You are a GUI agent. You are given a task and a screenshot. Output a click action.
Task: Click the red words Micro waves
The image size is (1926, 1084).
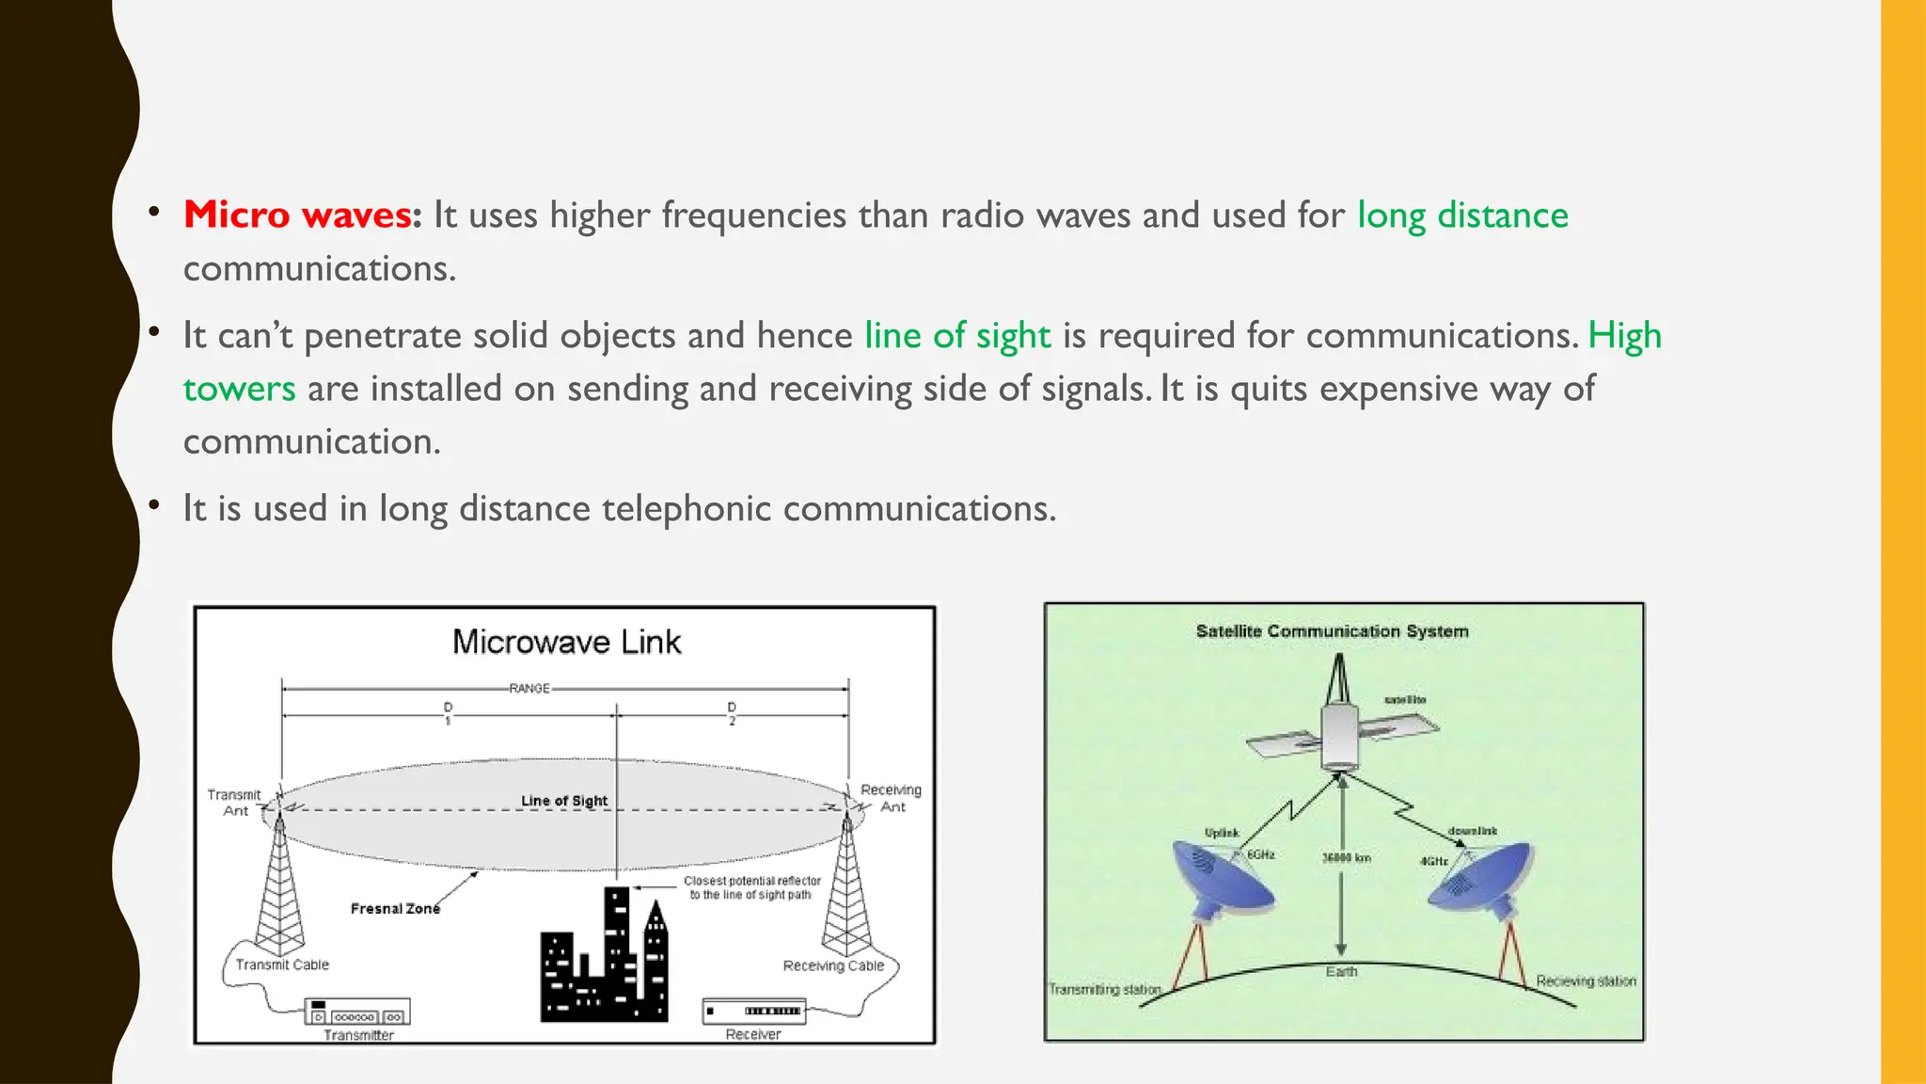pyautogui.click(x=297, y=215)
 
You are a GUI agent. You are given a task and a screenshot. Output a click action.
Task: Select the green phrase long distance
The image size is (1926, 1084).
pyautogui.click(x=1462, y=215)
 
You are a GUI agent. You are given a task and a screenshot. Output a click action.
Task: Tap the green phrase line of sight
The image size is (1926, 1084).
pyautogui.click(x=957, y=336)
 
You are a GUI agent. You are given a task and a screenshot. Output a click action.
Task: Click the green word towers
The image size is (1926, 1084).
pyautogui.click(x=239, y=389)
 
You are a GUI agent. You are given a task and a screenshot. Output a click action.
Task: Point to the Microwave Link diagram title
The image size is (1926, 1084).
pyautogui.click(x=566, y=642)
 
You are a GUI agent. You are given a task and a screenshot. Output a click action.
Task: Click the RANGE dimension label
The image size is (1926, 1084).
pyautogui.click(x=529, y=689)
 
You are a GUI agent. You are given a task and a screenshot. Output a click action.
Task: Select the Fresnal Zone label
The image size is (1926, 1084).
pyautogui.click(x=395, y=909)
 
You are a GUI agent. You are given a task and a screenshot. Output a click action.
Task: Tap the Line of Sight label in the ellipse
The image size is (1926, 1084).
pyautogui.click(x=564, y=801)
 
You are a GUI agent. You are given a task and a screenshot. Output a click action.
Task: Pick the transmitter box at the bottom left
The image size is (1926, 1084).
pyautogui.click(x=357, y=1013)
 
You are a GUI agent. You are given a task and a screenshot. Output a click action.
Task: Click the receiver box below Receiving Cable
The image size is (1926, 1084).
pyautogui.click(x=753, y=1012)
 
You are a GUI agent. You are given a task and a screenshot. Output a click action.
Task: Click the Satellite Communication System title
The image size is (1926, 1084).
pyautogui.click(x=1332, y=631)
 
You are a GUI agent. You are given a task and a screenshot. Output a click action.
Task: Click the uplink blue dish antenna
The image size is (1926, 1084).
pyautogui.click(x=1220, y=881)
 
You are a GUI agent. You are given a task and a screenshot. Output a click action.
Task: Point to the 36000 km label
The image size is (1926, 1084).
pyautogui.click(x=1347, y=858)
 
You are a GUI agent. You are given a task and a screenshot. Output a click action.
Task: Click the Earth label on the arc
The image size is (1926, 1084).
pyautogui.click(x=1341, y=972)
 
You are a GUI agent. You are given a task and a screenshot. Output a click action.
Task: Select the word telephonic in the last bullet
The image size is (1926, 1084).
pyautogui.click(x=686, y=509)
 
